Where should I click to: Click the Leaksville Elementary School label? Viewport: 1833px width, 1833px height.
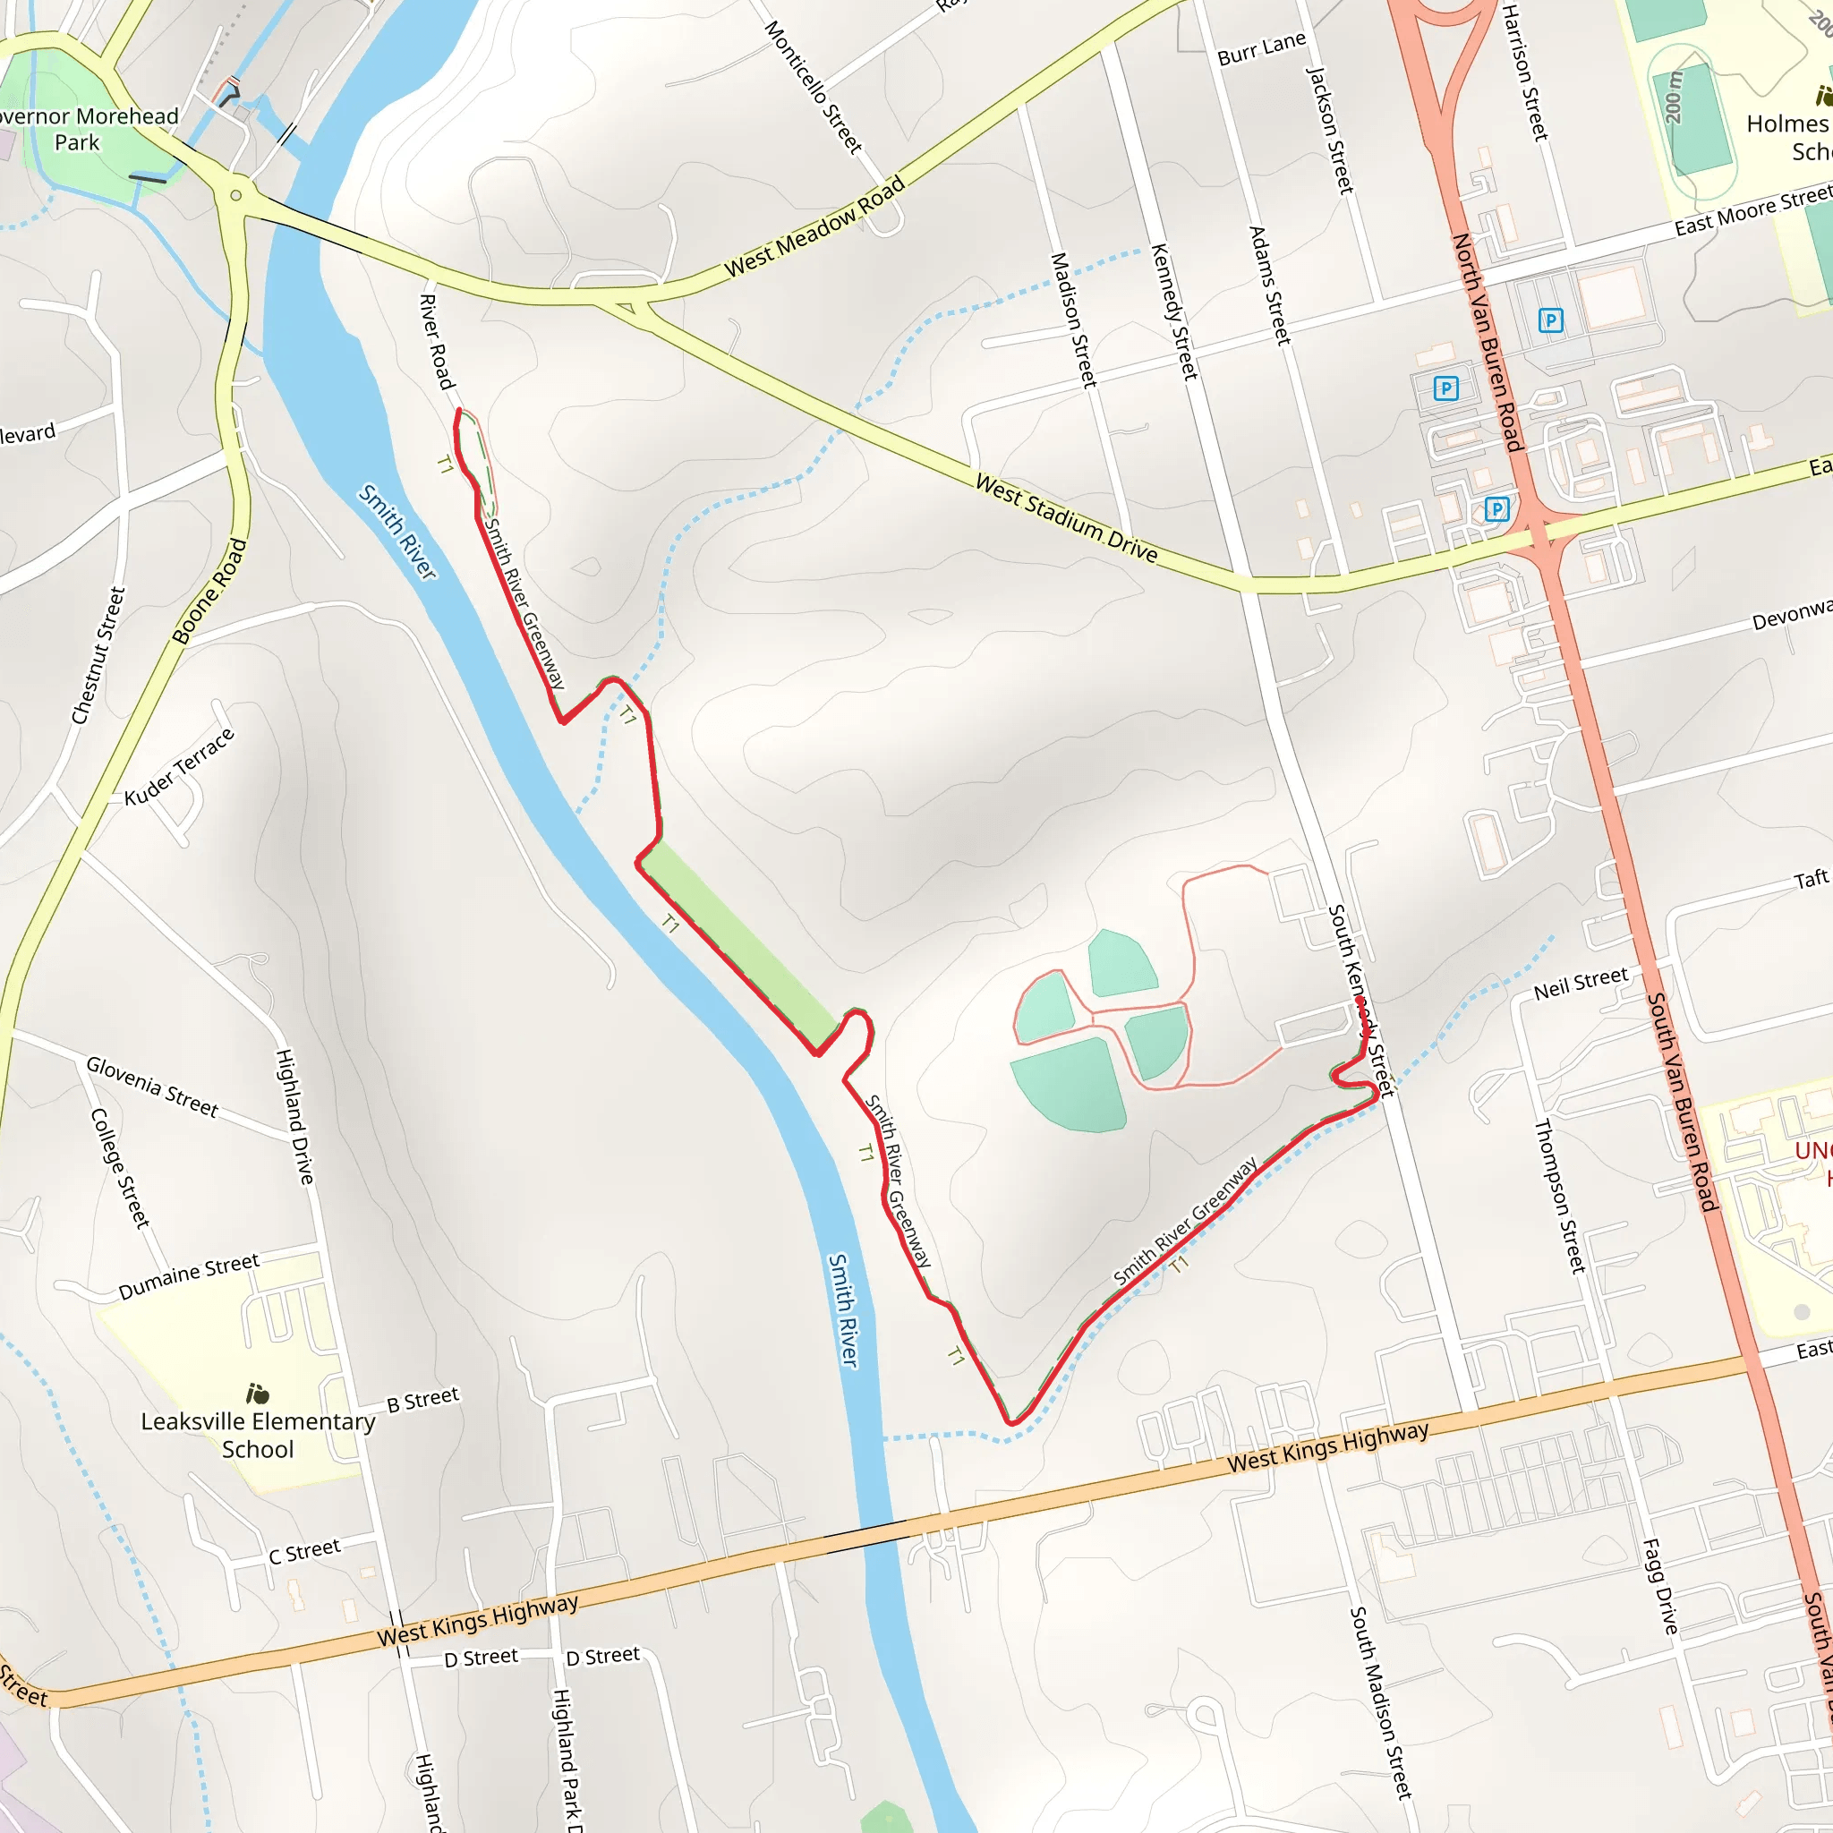click(258, 1435)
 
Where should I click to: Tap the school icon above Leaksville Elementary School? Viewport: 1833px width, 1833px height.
click(258, 1394)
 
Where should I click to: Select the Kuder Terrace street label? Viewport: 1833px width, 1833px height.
click(179, 767)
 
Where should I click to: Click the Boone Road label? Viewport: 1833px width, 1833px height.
click(209, 591)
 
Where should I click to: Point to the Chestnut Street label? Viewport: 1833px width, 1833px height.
click(98, 655)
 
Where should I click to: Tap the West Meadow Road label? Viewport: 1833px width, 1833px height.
click(814, 227)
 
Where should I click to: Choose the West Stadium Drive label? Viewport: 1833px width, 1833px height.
click(1066, 519)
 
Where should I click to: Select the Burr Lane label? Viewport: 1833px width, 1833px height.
click(1261, 49)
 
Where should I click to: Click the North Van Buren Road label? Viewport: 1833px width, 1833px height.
click(1487, 343)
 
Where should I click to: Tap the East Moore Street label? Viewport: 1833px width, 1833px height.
click(1752, 211)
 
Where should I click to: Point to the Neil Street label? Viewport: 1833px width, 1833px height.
click(1581, 983)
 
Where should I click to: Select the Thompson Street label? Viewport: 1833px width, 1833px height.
click(1560, 1196)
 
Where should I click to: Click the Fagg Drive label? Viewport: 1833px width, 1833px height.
click(1660, 1586)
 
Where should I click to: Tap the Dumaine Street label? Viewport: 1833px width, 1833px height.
click(189, 1276)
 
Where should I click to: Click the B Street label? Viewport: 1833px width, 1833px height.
click(423, 1400)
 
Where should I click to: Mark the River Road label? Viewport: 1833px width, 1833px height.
click(436, 342)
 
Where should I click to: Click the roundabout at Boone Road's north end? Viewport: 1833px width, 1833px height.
click(235, 195)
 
